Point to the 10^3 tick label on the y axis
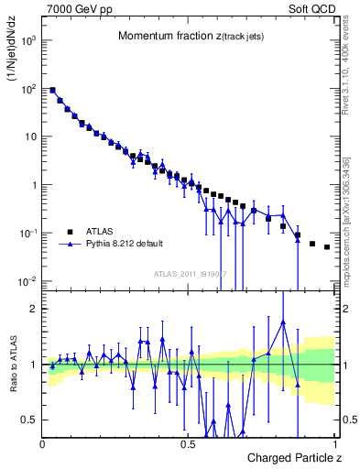click(28, 41)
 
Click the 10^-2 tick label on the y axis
click(27, 280)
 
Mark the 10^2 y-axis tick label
click(28, 89)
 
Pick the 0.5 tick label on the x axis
click(188, 443)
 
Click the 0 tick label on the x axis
click(43, 443)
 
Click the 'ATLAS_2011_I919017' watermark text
click(190, 274)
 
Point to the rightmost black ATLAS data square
click(327, 247)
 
